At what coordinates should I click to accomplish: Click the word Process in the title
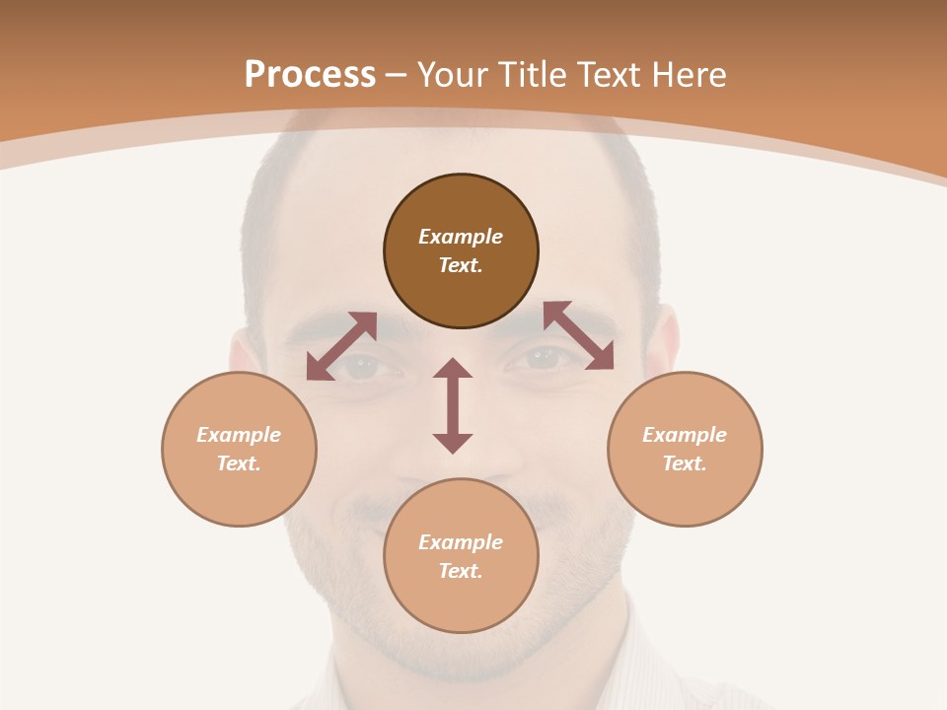[310, 75]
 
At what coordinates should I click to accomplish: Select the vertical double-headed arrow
[453, 405]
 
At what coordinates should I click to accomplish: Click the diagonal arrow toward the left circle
[341, 346]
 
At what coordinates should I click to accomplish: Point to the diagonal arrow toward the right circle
[578, 336]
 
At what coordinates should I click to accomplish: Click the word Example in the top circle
[461, 237]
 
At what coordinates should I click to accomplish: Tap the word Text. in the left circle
[239, 463]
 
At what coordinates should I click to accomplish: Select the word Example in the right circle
[685, 435]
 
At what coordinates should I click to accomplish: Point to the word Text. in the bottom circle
[461, 571]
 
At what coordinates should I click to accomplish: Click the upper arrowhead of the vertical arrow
[453, 369]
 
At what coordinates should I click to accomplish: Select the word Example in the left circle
[239, 435]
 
